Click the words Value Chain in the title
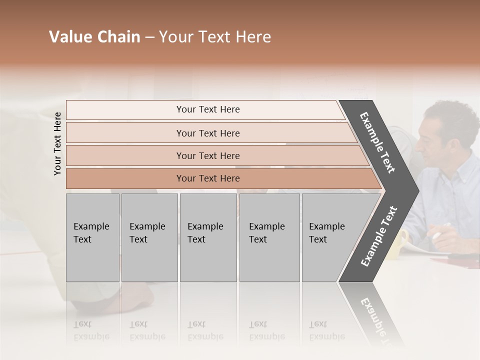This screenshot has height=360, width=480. pos(94,37)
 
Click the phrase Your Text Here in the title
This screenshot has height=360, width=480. pos(215,37)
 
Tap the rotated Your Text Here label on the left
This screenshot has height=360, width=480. pos(57,143)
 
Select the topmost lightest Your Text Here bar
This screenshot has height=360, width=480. pos(207,109)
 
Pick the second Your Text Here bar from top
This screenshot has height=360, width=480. pos(207,133)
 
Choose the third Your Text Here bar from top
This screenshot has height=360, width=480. pos(207,155)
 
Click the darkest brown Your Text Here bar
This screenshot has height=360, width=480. pos(207,178)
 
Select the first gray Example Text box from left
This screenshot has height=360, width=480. pos(92,237)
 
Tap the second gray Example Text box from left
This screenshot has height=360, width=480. pos(149,237)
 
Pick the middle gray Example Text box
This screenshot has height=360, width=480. pos(208,237)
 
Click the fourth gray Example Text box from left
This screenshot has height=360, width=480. pos(269,237)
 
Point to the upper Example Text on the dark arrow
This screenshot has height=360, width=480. pos(377,142)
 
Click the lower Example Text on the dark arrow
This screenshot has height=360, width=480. pos(379,236)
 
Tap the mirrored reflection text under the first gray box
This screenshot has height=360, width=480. pos(91,330)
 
